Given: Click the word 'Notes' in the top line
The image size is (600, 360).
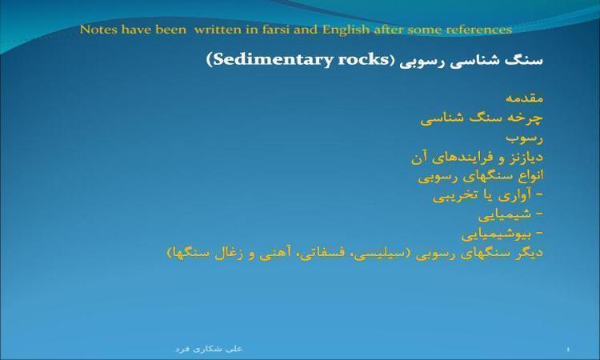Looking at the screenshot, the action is (x=98, y=30).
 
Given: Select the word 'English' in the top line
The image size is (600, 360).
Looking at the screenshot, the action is (x=346, y=30).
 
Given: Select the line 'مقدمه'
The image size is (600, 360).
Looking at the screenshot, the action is (x=524, y=98).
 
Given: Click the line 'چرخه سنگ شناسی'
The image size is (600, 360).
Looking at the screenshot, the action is (x=482, y=118).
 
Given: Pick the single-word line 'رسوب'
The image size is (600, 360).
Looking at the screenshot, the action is (x=524, y=138).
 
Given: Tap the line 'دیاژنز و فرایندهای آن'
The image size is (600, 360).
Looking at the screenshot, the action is (x=477, y=158).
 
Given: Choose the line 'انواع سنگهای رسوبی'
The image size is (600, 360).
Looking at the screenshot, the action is (x=481, y=176).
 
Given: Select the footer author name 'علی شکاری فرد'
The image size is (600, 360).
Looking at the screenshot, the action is (x=209, y=349).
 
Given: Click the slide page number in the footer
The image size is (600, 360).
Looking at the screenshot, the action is (x=568, y=350).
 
